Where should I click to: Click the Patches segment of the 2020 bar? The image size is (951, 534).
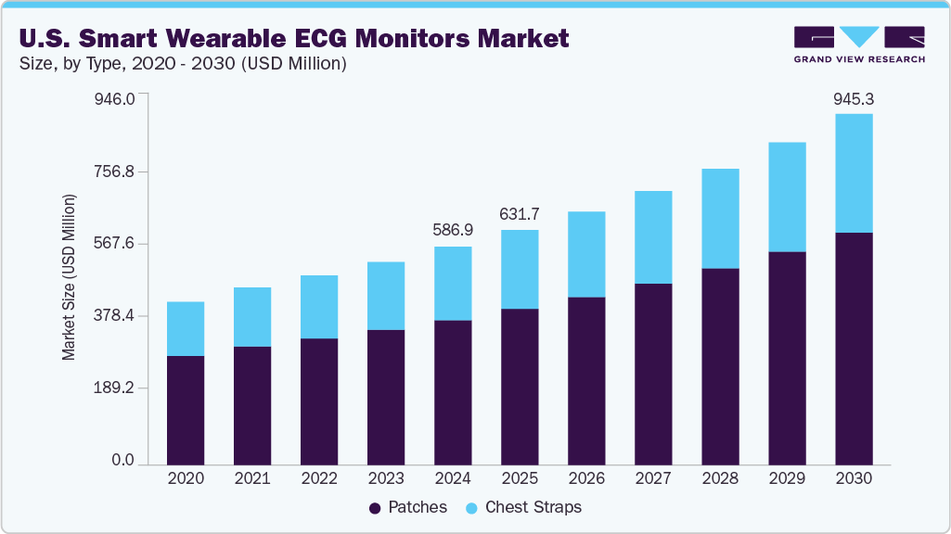point(186,409)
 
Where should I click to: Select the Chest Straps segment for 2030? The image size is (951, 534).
point(854,172)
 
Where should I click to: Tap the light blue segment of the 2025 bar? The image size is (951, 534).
point(520,269)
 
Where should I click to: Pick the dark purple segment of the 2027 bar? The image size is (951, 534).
point(653,373)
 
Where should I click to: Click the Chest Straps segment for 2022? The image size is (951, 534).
point(319,307)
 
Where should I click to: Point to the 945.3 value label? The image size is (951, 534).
point(854,98)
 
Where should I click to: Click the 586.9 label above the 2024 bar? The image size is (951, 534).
point(453,229)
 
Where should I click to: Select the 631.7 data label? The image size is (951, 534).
point(520,213)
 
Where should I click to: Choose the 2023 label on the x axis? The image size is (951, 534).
point(386,478)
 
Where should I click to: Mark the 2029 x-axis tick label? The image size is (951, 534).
point(787,478)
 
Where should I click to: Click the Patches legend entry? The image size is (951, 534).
point(408,507)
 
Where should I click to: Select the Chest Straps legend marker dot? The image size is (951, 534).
point(470,508)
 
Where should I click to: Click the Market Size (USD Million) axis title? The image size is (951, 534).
point(69,278)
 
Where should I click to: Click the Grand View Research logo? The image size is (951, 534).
point(859,44)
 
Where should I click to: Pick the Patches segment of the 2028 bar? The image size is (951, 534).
point(720,366)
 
